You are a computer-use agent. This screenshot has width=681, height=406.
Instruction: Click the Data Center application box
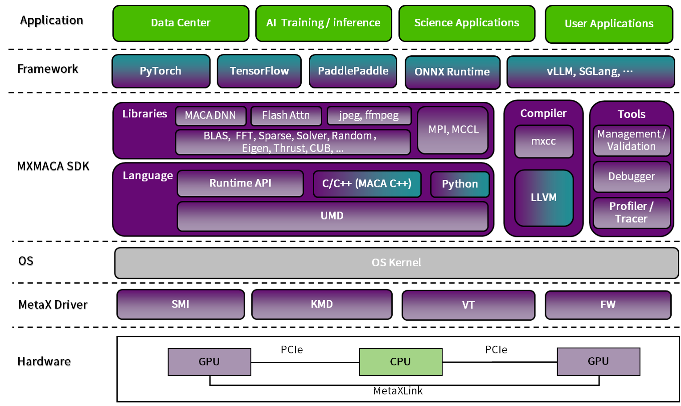181,23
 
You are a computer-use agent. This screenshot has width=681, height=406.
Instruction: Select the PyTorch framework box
160,71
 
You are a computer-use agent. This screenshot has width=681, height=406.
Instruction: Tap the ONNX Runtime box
452,72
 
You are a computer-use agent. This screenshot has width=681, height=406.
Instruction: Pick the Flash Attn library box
286,116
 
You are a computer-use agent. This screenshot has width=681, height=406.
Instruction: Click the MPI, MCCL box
453,129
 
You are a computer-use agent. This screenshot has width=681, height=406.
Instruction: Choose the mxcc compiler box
543,141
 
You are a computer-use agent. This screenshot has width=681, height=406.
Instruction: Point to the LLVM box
543,198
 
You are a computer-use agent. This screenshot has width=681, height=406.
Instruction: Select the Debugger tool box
631,177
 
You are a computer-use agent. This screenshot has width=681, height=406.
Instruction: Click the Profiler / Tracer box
631,212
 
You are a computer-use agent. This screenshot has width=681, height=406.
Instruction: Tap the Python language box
459,184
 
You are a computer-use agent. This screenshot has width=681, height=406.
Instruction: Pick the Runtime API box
240,183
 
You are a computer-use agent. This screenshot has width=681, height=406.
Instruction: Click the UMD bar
332,216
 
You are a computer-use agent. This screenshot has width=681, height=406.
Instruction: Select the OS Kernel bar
396,263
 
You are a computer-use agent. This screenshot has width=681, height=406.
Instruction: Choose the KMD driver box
321,304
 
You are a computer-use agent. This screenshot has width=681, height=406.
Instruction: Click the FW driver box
607,305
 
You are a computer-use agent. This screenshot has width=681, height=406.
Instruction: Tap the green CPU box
400,362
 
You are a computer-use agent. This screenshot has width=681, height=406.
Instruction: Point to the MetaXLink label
398,391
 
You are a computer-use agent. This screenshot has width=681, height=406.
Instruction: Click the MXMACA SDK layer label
53,166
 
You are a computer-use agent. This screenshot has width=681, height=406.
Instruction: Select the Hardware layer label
44,361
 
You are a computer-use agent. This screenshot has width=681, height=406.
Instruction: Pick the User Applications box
609,24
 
